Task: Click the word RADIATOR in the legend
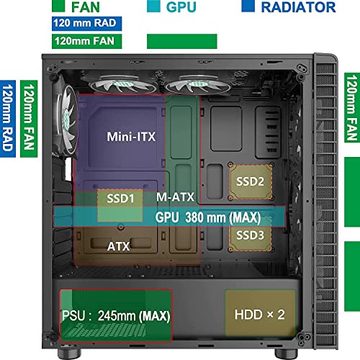[298, 8]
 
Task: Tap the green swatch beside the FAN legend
[60, 7]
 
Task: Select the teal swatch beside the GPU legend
[153, 7]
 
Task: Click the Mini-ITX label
[131, 136]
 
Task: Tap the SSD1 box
[120, 197]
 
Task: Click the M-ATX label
[174, 197]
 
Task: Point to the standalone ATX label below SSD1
[119, 246]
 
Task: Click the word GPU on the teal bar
[168, 217]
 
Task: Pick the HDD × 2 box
[261, 315]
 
